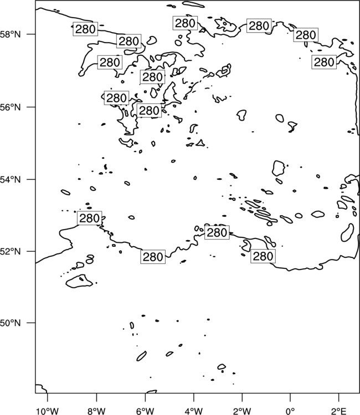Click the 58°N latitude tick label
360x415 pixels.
pos(11,34)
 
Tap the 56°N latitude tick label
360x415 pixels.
pos(11,107)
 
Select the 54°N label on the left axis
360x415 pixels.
pos(11,180)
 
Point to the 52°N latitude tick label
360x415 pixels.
pos(11,251)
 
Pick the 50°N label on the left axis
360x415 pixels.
pos(11,323)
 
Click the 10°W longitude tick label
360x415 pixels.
pos(47,411)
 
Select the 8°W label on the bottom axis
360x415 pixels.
pos(96,411)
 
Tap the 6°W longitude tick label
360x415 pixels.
pos(145,411)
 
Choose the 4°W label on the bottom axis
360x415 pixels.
pos(194,411)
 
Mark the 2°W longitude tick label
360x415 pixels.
pos(242,411)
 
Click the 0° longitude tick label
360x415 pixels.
pos(290,411)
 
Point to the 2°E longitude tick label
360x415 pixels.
pos(338,411)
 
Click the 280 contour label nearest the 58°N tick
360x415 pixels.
pos(85,29)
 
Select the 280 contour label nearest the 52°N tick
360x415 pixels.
pos(90,219)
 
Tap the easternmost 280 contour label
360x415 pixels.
pos(324,62)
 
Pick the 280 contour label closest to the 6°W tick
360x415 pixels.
pos(153,257)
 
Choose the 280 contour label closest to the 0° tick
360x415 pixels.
pos(263,256)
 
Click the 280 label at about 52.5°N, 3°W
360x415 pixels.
pos(217,232)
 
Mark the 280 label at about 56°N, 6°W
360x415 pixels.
pos(149,110)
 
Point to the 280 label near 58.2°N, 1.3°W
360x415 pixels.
pos(259,25)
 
